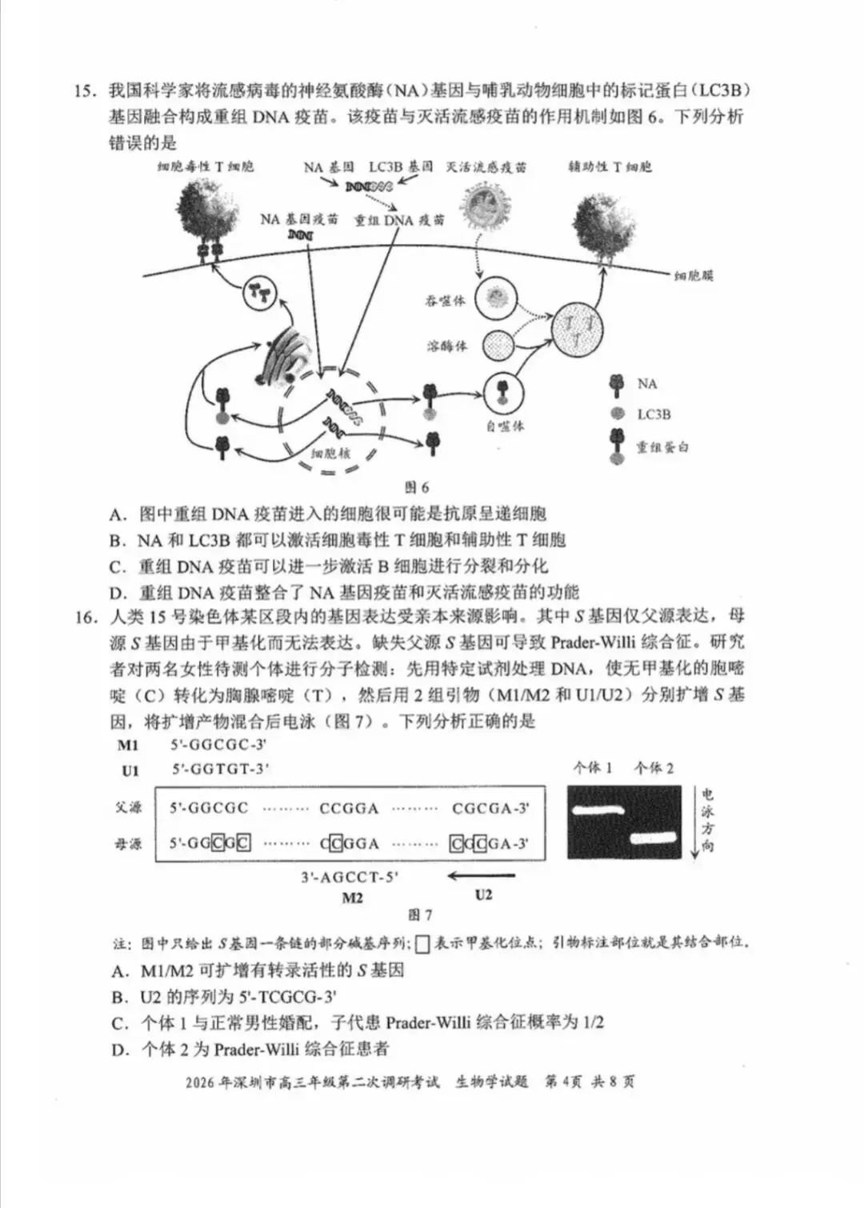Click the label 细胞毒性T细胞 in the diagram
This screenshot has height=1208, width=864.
point(206,166)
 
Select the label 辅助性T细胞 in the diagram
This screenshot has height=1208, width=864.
point(610,166)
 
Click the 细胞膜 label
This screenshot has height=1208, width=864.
point(694,276)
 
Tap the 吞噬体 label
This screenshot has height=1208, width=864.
point(445,302)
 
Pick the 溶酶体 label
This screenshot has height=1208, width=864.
point(446,346)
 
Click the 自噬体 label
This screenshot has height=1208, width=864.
point(504,426)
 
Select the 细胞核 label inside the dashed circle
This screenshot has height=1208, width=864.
point(330,453)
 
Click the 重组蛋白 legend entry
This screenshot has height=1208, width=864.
point(662,447)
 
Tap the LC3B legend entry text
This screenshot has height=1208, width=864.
point(654,414)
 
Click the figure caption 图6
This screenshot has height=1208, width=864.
point(417,487)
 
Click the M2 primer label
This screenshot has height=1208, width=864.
point(352,898)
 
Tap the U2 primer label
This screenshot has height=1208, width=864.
point(483,894)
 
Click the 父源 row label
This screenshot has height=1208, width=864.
point(128,808)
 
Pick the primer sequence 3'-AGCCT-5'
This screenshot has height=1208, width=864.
point(350,877)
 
